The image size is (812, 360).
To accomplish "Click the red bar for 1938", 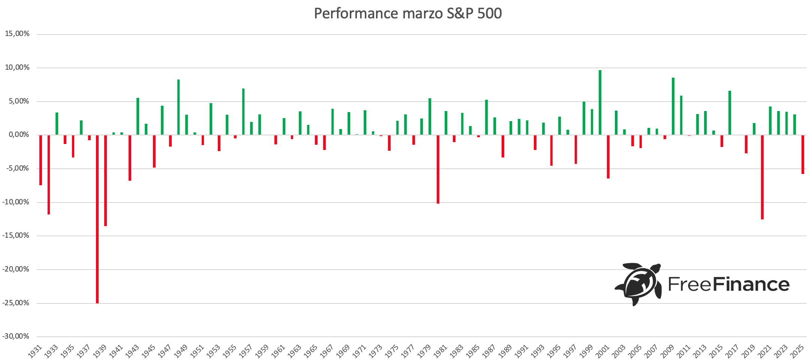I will [x=97, y=219].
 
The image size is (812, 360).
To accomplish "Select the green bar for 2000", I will [x=600, y=102].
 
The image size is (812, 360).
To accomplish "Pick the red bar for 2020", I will [x=763, y=177].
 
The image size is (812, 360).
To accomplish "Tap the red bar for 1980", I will [x=438, y=169].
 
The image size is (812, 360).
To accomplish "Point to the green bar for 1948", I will [x=178, y=107].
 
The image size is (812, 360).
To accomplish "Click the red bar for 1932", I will [x=49, y=175].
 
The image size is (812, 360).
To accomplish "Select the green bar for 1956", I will [x=243, y=112].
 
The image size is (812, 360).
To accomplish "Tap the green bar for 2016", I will [x=730, y=113].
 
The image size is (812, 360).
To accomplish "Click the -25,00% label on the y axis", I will [x=16, y=303].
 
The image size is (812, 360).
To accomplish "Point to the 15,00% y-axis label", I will [x=17, y=34].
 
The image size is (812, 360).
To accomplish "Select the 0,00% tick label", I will [x=17, y=135].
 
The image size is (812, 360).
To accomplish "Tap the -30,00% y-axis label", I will [x=16, y=336].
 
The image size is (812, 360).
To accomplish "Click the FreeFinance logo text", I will [x=728, y=285].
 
